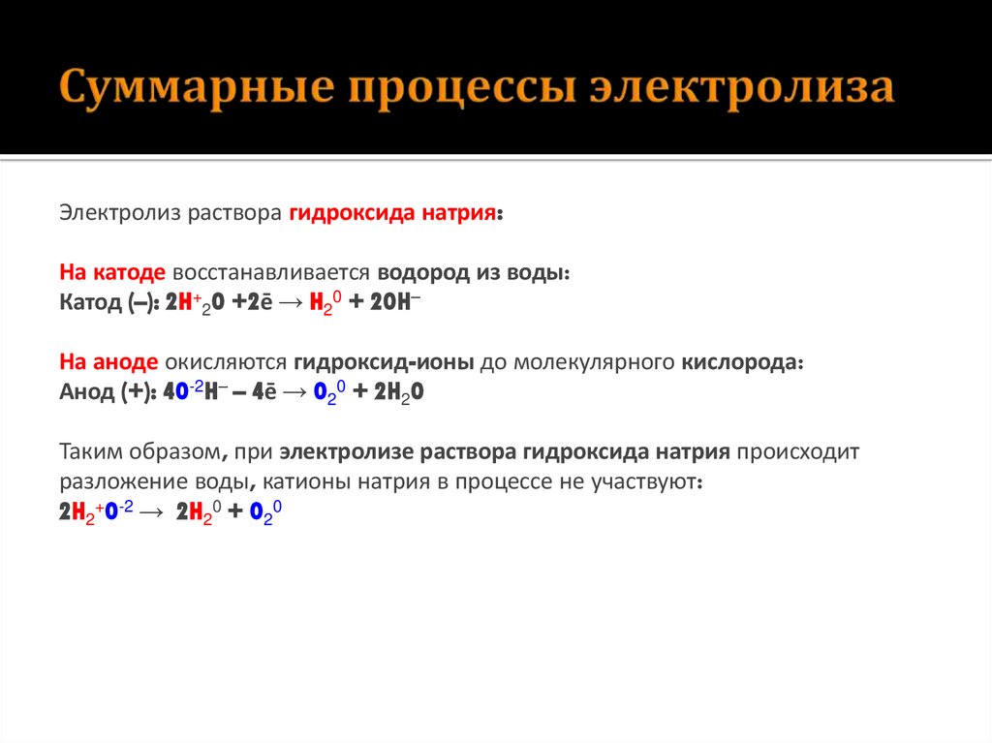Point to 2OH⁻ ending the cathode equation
coord(393,302)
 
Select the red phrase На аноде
coord(108,363)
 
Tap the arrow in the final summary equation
coord(153,511)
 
